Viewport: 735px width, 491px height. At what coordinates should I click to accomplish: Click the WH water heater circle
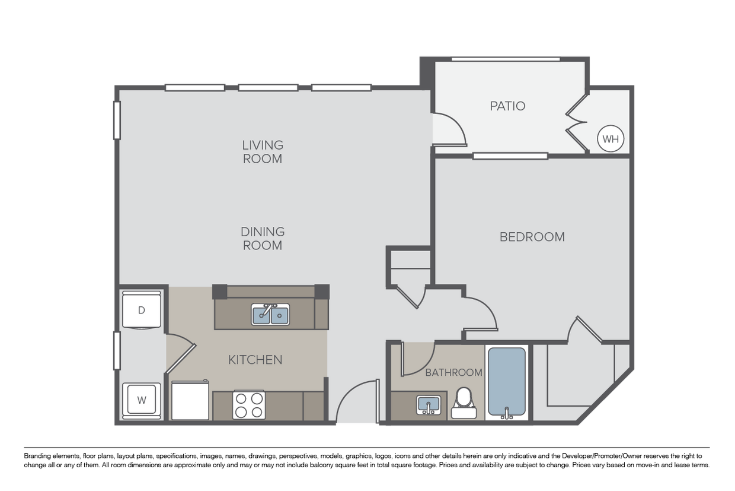tap(611, 139)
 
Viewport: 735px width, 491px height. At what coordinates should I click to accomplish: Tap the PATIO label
tap(507, 106)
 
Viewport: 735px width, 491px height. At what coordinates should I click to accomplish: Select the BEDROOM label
tap(532, 237)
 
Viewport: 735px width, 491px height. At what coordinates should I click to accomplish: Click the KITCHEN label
tap(255, 360)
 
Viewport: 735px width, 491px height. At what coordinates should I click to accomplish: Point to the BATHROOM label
tap(454, 372)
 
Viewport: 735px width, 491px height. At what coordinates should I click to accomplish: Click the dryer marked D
tap(142, 311)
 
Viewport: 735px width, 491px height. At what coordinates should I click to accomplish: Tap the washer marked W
tap(142, 400)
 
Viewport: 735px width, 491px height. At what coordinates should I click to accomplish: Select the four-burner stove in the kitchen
tap(249, 405)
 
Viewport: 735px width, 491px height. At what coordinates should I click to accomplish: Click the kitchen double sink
tap(270, 315)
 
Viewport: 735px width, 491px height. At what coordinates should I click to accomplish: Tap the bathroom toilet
tap(464, 403)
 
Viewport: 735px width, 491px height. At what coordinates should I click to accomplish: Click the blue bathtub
tap(507, 383)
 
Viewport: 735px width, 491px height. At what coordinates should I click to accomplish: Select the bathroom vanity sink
tap(429, 405)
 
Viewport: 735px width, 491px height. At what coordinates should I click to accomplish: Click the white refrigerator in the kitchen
tap(190, 400)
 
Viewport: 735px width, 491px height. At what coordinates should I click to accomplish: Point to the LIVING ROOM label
tap(263, 152)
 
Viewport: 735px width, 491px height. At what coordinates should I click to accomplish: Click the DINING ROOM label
tap(263, 239)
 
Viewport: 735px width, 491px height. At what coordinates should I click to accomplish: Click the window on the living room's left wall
tap(117, 121)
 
